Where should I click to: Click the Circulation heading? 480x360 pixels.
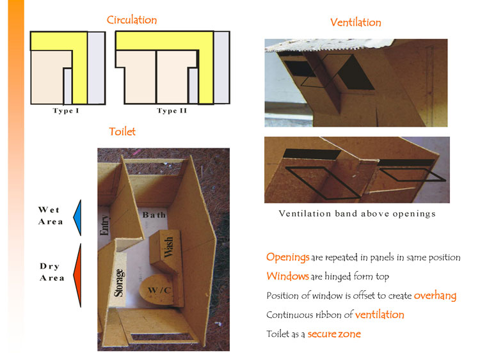131,20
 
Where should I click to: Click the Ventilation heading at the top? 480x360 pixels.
355,22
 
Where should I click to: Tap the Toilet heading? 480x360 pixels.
122,132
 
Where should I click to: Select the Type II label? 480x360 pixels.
172,111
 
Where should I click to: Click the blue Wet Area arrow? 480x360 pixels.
77,216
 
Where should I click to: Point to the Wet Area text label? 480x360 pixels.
51,215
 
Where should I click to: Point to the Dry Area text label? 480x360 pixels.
51,272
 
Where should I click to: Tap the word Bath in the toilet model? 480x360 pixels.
154,215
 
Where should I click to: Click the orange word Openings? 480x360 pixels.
287,257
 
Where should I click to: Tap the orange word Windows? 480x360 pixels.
287,276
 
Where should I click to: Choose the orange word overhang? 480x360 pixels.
435,295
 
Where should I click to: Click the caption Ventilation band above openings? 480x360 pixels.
357,214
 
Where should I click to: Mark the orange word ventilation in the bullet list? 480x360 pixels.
380,315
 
